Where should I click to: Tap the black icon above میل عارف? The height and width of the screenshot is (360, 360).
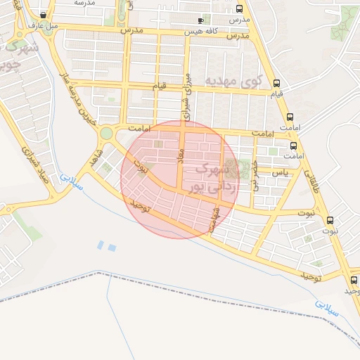[x=44, y=15]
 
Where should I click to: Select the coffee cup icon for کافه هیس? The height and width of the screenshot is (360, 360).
[x=201, y=21]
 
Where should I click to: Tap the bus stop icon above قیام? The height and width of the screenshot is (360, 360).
[x=276, y=82]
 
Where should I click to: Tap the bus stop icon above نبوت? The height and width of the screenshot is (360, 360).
[x=330, y=220]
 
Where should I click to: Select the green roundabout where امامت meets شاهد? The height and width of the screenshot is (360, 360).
[x=106, y=133]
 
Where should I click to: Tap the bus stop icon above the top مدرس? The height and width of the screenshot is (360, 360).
[x=240, y=10]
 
